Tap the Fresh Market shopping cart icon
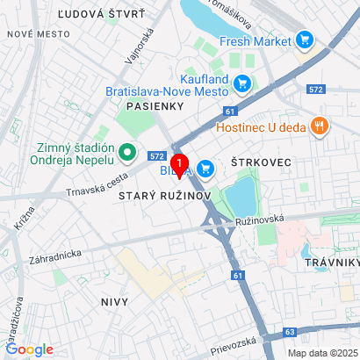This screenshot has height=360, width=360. (x=306, y=40)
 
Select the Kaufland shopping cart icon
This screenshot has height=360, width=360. (x=243, y=84)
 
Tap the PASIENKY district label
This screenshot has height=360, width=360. (x=153, y=104)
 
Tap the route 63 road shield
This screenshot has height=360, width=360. (x=292, y=333)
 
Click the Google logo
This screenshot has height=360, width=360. (x=29, y=349)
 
